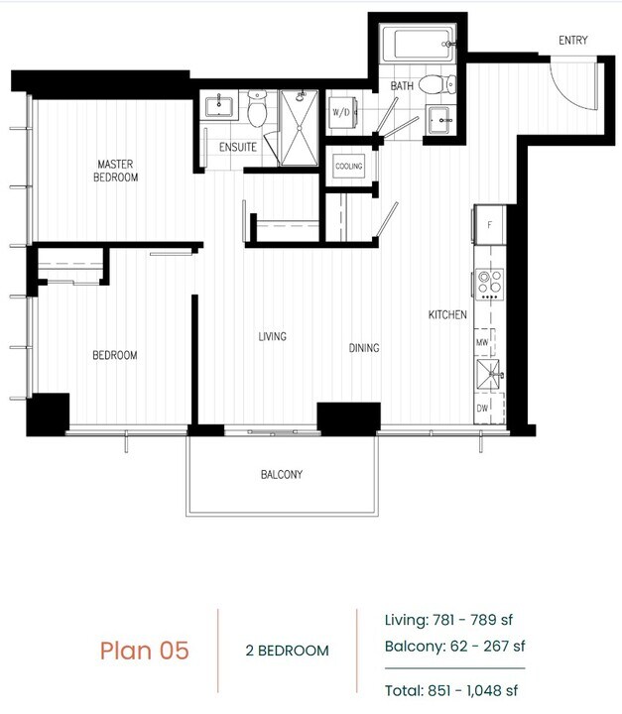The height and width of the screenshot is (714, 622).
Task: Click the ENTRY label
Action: pyautogui.click(x=572, y=41)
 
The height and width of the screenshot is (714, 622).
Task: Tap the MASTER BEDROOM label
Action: pyautogui.click(x=116, y=171)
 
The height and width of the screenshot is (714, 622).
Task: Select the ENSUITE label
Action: pyautogui.click(x=237, y=147)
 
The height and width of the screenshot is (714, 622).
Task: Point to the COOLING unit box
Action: pyautogui.click(x=348, y=167)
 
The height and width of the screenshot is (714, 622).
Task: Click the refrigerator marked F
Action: pyautogui.click(x=490, y=224)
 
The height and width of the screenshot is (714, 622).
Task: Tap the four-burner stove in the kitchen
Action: pyautogui.click(x=489, y=285)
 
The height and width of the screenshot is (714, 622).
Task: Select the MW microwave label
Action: pyautogui.click(x=482, y=342)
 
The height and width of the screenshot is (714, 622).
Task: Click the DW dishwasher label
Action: pyautogui.click(x=482, y=408)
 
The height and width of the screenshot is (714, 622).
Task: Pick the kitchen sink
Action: pyautogui.click(x=489, y=373)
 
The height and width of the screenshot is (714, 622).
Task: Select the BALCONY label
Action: pyautogui.click(x=282, y=475)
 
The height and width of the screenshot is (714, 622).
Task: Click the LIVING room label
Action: pyautogui.click(x=272, y=337)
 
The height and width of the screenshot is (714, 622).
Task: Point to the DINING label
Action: pyautogui.click(x=364, y=348)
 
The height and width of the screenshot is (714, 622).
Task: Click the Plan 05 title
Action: pyautogui.click(x=144, y=651)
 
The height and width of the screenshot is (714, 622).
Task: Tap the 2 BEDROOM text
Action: pyautogui.click(x=287, y=652)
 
